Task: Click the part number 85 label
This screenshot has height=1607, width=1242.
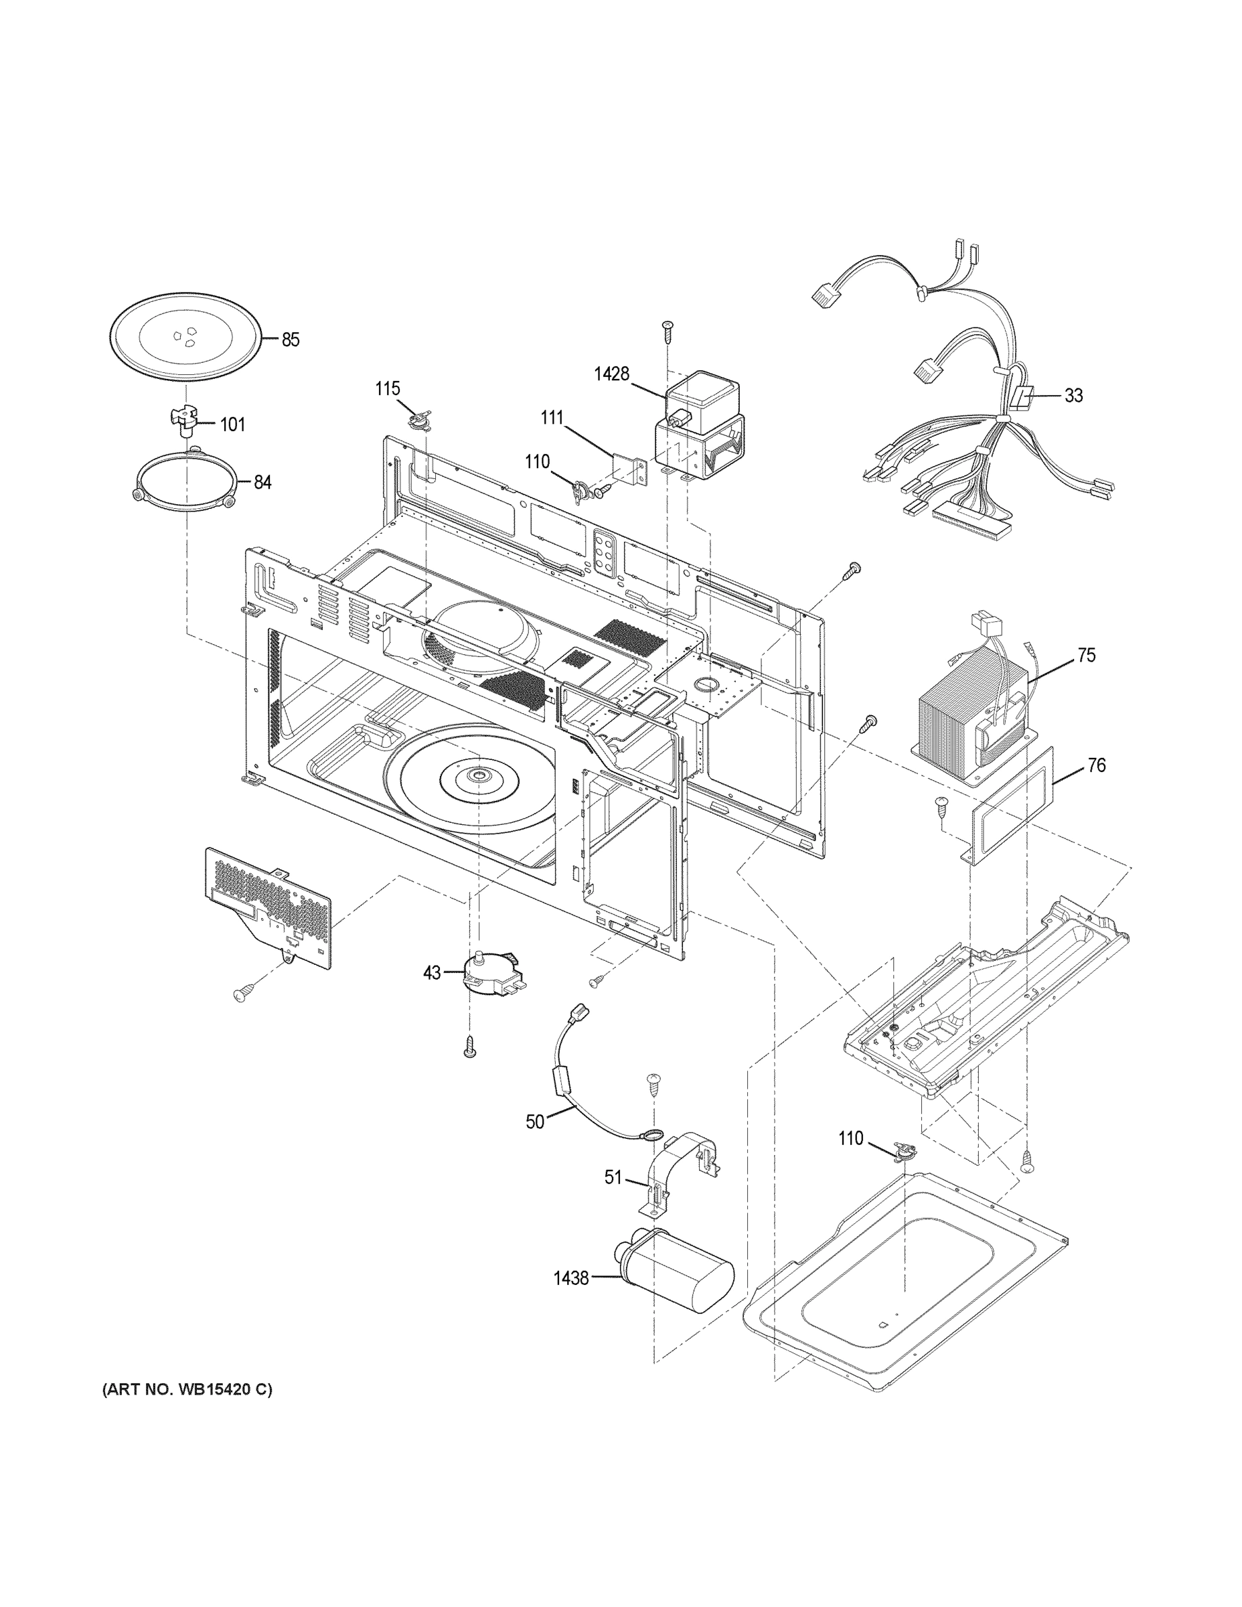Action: point(291,340)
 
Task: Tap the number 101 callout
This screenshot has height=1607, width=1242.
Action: point(232,425)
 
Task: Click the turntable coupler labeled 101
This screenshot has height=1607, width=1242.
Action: point(181,422)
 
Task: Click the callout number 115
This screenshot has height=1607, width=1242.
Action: point(388,388)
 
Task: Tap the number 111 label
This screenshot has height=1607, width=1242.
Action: point(552,418)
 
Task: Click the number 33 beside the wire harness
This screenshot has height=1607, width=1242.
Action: point(1073,396)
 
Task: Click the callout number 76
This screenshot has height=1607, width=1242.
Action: point(1095,766)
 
